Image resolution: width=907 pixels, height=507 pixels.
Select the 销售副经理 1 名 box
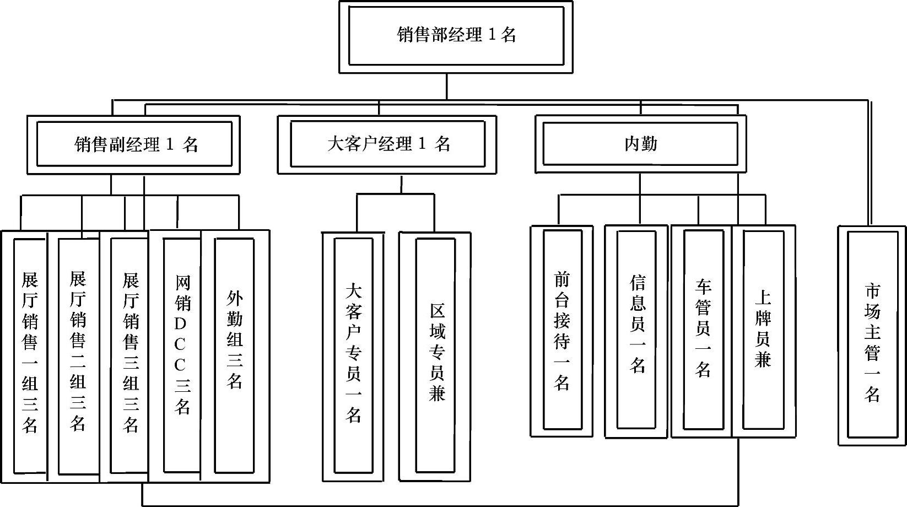[134, 144]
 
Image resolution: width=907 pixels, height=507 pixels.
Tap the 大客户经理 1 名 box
[387, 144]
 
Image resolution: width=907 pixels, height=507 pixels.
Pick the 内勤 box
[640, 144]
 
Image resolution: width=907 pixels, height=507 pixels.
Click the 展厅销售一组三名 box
[30, 353]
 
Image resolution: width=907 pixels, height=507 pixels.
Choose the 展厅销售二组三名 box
[78, 353]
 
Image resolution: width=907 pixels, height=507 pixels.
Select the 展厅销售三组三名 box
[130, 353]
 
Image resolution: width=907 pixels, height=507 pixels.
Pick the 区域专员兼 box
[436, 353]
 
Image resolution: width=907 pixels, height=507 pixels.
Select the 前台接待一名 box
[562, 331]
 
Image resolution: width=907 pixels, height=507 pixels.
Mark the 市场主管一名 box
[872, 336]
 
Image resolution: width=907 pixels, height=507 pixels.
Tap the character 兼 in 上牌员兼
[763, 360]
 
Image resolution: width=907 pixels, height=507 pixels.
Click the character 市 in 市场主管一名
[872, 291]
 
